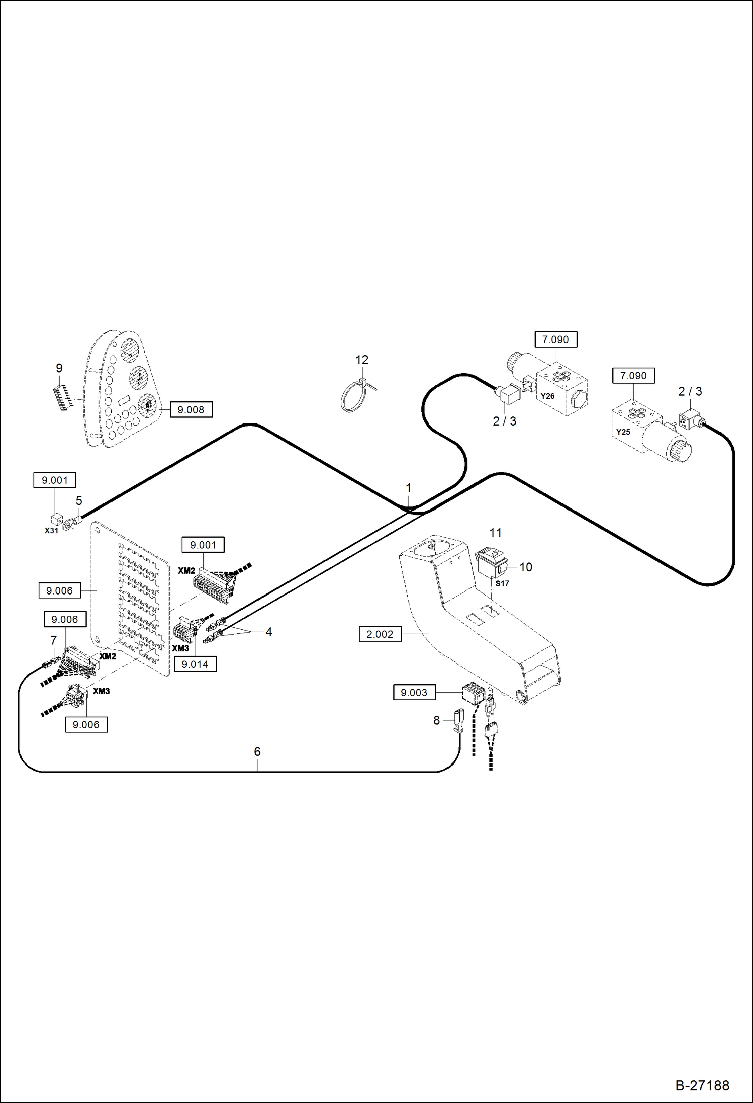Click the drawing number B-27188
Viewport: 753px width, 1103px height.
click(702, 1085)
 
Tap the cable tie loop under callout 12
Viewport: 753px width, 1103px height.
click(352, 398)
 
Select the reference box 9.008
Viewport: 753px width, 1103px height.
click(191, 410)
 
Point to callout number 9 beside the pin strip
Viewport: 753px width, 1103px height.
click(59, 368)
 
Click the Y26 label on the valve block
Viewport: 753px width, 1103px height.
click(547, 396)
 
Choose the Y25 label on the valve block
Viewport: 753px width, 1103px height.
click(623, 432)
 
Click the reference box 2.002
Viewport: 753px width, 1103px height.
click(380, 634)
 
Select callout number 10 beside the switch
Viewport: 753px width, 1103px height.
click(526, 567)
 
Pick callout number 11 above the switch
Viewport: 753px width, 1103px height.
click(496, 532)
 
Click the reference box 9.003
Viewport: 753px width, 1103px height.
click(414, 693)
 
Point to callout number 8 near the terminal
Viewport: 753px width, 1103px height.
click(436, 720)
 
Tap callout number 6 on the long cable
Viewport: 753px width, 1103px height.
click(257, 751)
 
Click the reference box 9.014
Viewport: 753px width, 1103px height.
click(195, 664)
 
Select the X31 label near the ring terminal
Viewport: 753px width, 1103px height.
click(51, 530)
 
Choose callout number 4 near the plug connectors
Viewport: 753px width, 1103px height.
click(269, 632)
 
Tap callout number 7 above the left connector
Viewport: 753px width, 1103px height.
click(54, 640)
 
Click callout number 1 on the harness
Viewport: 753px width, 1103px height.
click(409, 488)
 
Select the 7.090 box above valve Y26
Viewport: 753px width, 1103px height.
click(555, 340)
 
